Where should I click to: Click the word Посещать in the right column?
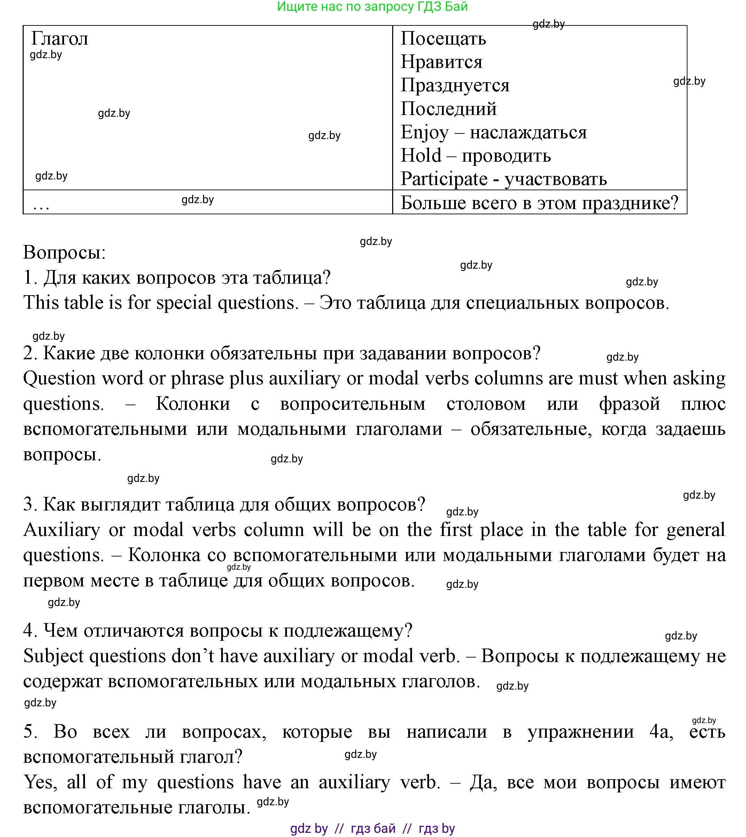point(443,39)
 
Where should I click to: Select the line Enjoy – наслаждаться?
point(494,132)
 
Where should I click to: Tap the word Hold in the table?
point(421,156)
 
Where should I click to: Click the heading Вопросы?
point(64,252)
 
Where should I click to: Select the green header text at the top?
point(372,7)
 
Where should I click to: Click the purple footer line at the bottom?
point(372,828)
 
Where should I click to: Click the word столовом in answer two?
point(486,404)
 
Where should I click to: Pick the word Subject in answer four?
point(53,656)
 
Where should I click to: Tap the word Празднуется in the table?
point(455,86)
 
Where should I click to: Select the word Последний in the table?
point(449,109)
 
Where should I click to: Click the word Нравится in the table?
point(442,62)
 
